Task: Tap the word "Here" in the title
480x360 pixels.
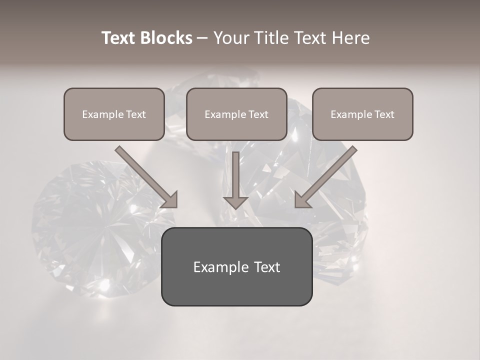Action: click(x=351, y=38)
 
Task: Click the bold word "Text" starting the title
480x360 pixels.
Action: click(x=119, y=38)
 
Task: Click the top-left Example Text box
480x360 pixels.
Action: click(x=114, y=114)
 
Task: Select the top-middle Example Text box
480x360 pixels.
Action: click(x=236, y=114)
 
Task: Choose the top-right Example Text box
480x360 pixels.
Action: click(x=362, y=114)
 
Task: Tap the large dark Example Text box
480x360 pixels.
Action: click(x=236, y=266)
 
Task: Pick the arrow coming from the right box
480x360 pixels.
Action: click(x=327, y=175)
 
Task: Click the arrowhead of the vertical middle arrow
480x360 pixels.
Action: click(x=235, y=202)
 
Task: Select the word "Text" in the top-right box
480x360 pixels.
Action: click(x=384, y=114)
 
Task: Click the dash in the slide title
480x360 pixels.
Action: click(x=202, y=38)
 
